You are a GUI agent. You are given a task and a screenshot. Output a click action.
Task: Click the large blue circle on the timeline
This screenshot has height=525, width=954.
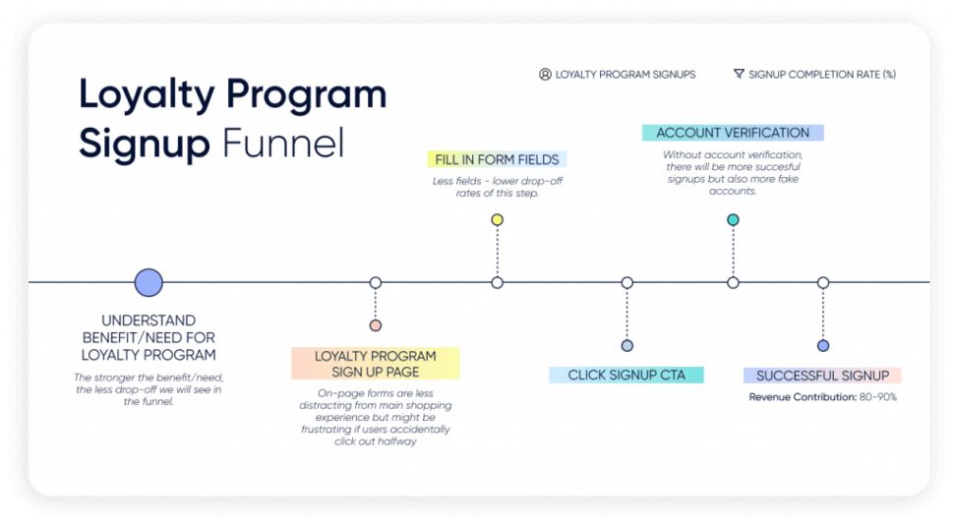pos(149,283)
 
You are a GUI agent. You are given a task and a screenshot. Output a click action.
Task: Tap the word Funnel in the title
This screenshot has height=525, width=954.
pos(282,144)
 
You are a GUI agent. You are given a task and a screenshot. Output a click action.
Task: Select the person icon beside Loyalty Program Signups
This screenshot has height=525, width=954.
pos(545,75)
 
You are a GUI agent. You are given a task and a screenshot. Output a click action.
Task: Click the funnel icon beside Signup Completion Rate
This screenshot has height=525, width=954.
pos(739,75)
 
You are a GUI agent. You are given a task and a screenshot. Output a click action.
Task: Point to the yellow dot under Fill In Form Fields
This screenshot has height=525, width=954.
pos(498,220)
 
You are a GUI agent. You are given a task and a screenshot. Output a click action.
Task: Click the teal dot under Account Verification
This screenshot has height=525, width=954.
pos(733,220)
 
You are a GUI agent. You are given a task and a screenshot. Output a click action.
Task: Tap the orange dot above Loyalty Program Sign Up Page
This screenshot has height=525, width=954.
pos(376,325)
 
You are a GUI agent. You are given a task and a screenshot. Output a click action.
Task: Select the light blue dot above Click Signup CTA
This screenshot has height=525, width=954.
pos(627,345)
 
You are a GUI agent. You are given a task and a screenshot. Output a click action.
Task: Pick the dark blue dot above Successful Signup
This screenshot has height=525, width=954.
pos(823,345)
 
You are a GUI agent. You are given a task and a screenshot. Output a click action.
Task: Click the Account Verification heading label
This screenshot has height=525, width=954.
pos(733,133)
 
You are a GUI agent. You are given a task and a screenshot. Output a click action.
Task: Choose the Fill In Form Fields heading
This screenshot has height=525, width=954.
pos(497,159)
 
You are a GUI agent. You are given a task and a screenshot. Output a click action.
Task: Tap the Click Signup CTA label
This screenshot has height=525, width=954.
pos(626,375)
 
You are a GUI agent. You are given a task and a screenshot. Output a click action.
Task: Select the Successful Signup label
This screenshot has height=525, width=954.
pos(822,376)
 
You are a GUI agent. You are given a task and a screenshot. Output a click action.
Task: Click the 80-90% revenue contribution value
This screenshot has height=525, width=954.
pos(878,397)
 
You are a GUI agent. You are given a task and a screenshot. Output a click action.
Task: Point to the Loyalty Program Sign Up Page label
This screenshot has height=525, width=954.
pos(375,364)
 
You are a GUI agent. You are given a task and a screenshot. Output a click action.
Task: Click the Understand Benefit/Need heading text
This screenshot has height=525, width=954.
pos(149,337)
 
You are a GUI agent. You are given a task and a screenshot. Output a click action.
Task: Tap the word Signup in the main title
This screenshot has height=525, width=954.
pos(145,144)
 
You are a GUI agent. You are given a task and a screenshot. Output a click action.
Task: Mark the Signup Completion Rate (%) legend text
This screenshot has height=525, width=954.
pos(822,75)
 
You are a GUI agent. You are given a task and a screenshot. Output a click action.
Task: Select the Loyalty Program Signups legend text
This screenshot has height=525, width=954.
pos(626,75)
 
